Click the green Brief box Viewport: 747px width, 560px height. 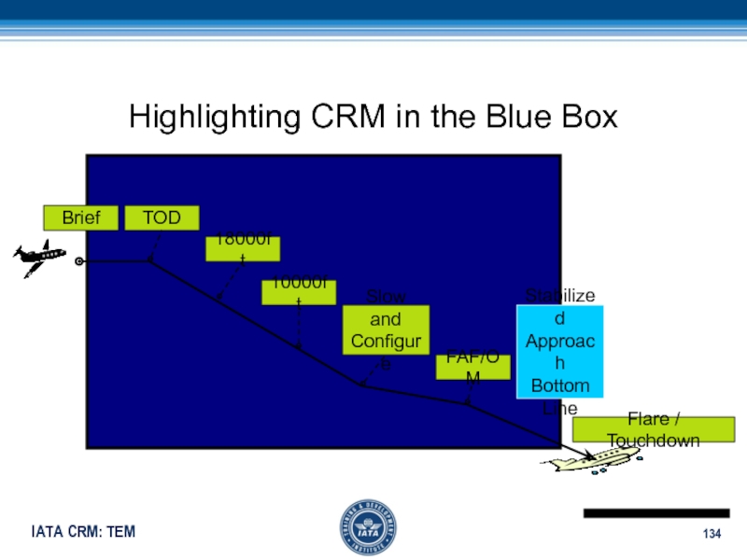(x=81, y=218)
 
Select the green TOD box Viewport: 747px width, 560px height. (x=162, y=218)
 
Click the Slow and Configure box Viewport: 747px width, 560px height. (x=386, y=329)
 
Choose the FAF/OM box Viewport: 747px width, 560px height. (x=473, y=367)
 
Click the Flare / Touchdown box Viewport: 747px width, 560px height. (x=653, y=429)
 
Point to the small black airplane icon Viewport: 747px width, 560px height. (x=39, y=257)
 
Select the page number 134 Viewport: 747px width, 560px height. (x=713, y=533)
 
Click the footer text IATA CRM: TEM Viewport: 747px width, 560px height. (x=83, y=532)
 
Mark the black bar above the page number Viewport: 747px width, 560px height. (x=655, y=513)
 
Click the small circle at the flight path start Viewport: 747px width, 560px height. (x=80, y=261)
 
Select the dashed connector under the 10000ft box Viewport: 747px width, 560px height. (x=299, y=327)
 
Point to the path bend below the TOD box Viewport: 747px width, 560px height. (x=150, y=261)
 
